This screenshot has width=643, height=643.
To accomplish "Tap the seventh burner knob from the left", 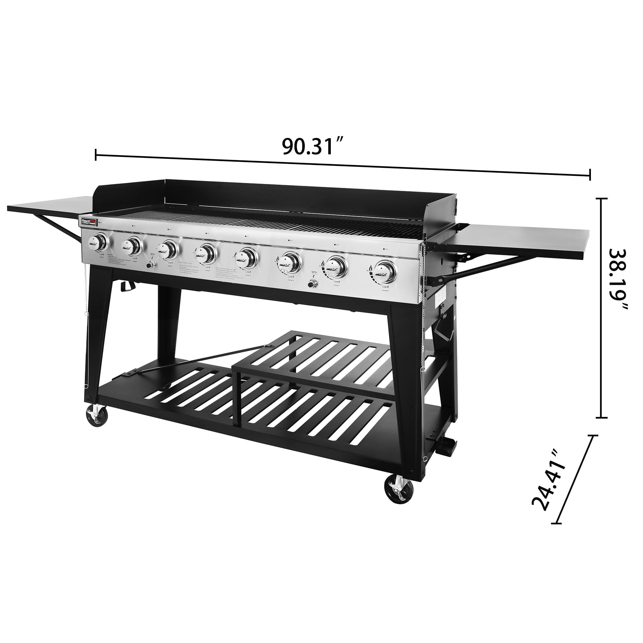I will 337,266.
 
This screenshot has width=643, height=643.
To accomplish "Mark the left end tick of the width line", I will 96,154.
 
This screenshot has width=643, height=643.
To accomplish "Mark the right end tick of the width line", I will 590,175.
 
